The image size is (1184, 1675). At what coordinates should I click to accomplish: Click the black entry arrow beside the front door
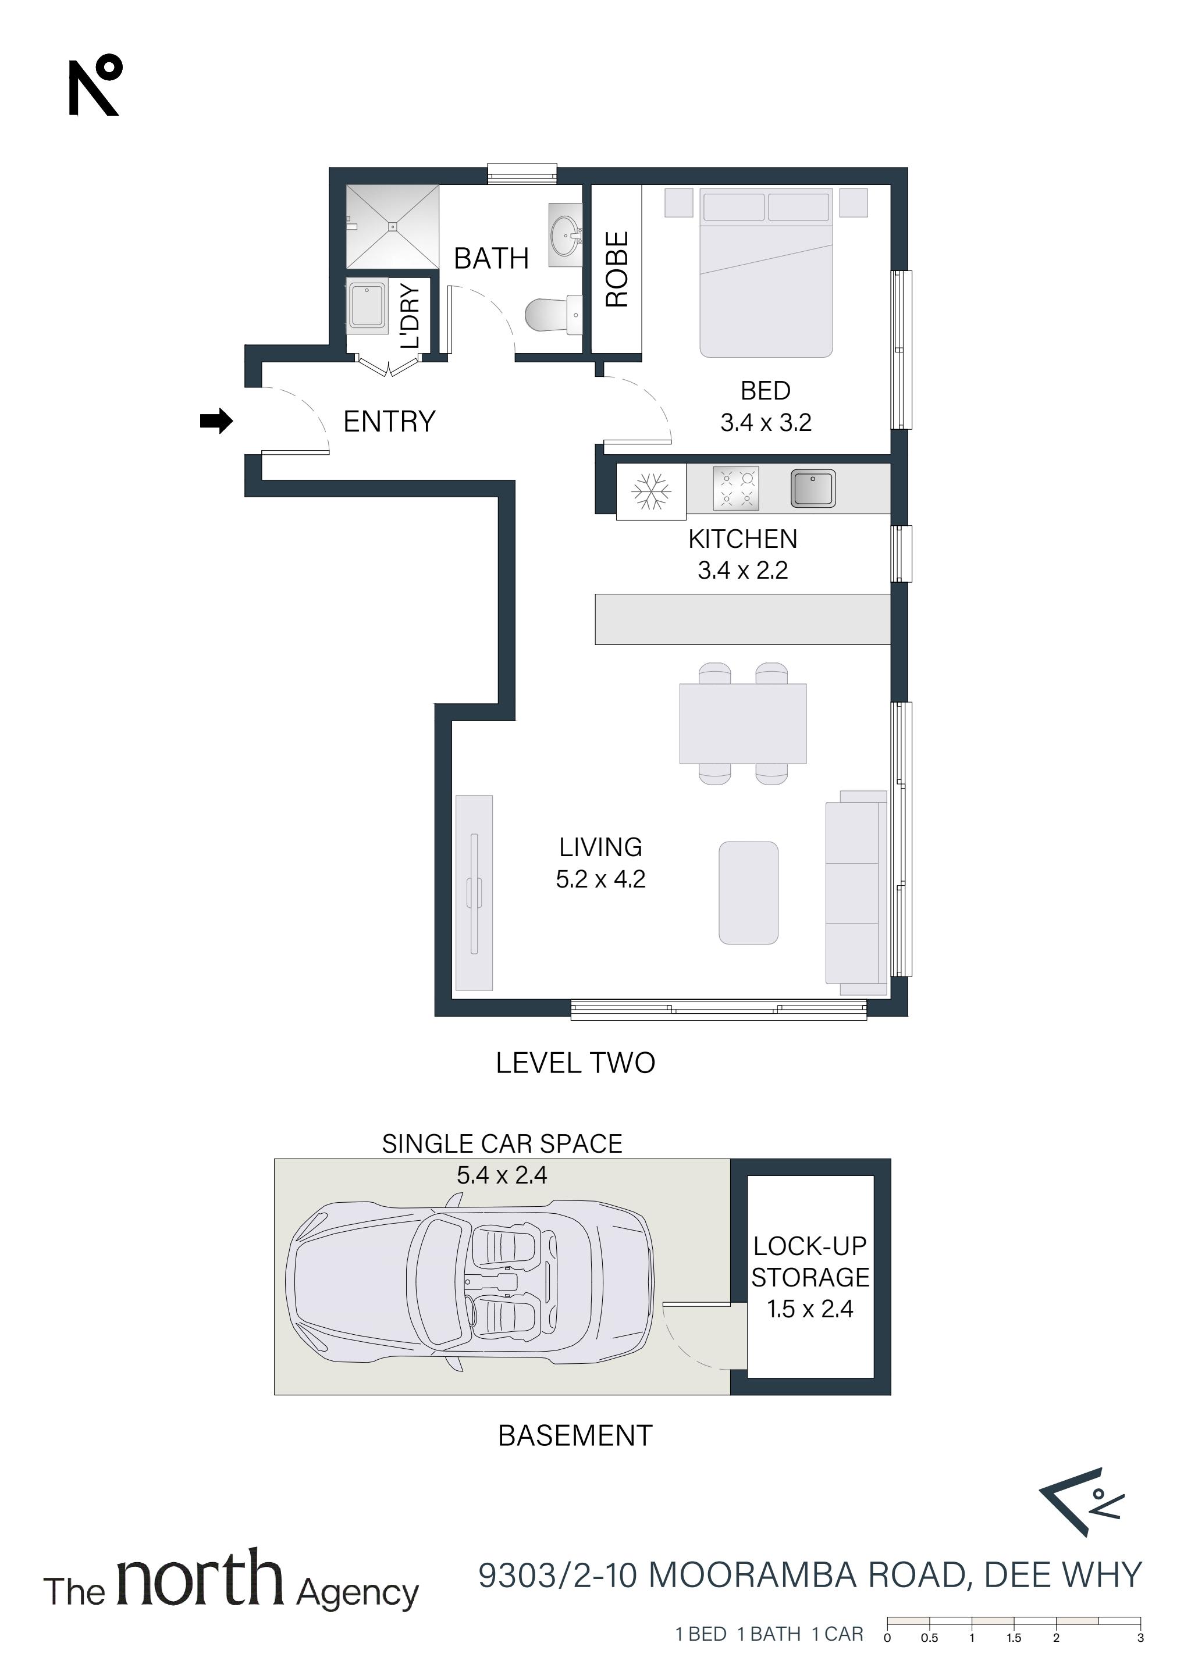click(x=216, y=421)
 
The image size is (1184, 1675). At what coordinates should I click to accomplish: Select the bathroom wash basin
click(x=565, y=229)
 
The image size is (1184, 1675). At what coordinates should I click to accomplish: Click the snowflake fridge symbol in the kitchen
click(x=650, y=491)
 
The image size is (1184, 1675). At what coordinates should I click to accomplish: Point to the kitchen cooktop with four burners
click(x=736, y=488)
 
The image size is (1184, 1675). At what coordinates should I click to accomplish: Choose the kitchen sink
click(x=812, y=488)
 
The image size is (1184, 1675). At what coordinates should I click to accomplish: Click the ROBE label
click(x=617, y=269)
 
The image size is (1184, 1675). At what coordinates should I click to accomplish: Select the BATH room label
click(x=491, y=258)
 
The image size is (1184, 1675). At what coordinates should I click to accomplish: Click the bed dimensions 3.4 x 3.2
click(x=766, y=422)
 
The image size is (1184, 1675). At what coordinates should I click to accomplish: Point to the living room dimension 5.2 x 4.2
click(x=601, y=879)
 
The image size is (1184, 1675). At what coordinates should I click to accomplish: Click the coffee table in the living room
click(x=748, y=893)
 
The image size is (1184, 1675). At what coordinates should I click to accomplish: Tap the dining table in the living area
click(x=743, y=724)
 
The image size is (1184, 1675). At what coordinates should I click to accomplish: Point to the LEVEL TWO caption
click(x=575, y=1063)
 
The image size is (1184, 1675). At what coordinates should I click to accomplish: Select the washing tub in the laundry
click(x=367, y=305)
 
